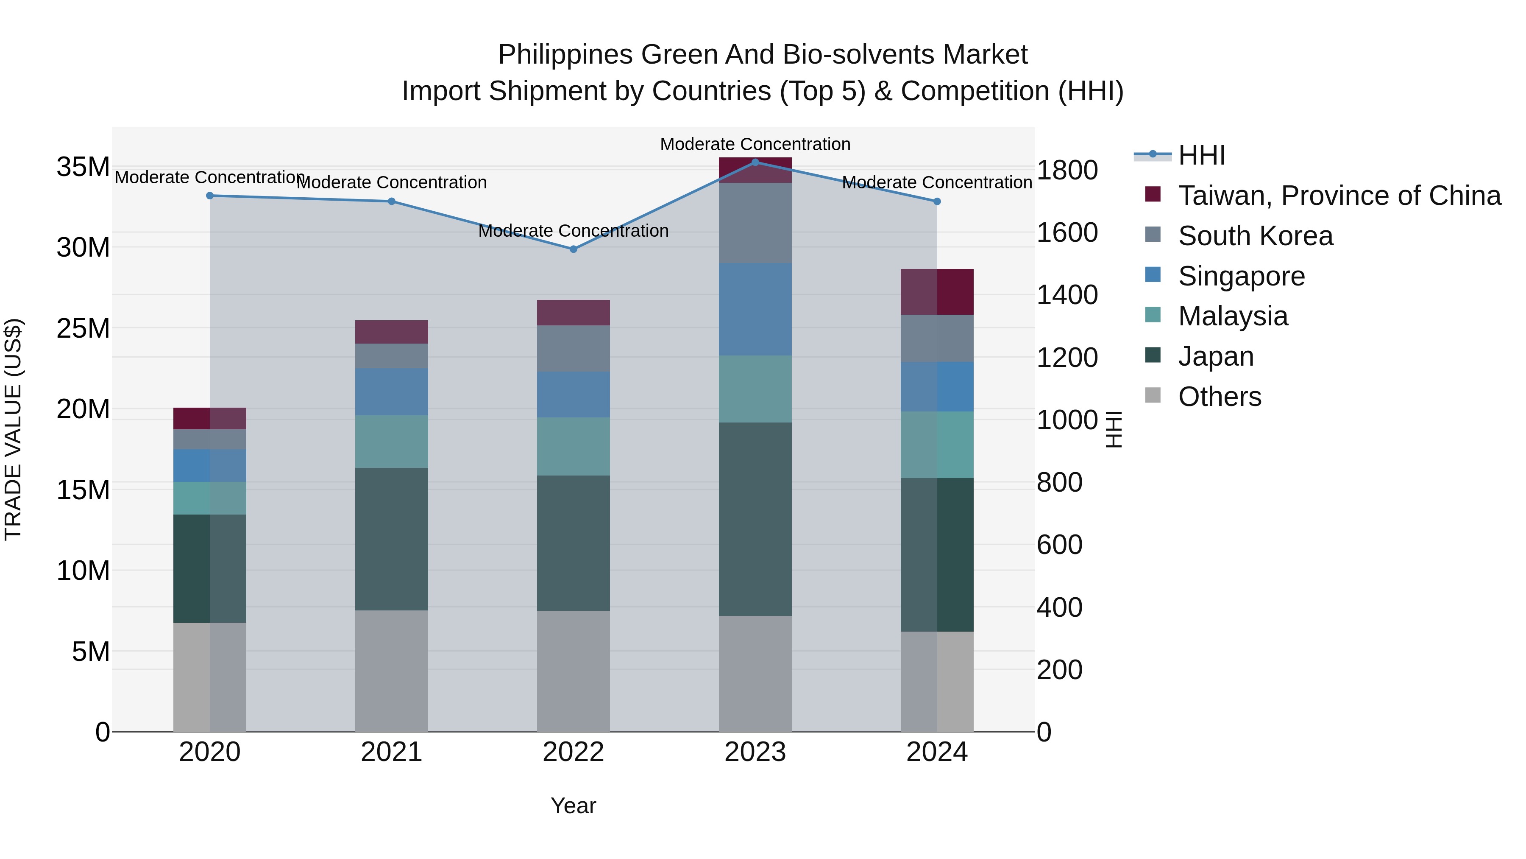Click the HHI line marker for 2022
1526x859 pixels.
click(573, 249)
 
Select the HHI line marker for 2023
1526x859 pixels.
click(755, 162)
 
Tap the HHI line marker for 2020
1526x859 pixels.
click(210, 196)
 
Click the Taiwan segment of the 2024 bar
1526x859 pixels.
click(936, 292)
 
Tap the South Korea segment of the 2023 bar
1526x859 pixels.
click(755, 223)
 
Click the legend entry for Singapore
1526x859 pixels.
click(1241, 276)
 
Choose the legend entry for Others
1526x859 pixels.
click(1219, 396)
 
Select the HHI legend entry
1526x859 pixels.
click(1201, 155)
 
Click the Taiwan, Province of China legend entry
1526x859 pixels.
click(1339, 196)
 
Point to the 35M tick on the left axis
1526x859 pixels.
click(83, 167)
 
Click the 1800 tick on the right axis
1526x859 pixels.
click(1067, 170)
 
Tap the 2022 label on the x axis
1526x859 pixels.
click(573, 752)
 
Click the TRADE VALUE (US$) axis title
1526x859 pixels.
click(13, 429)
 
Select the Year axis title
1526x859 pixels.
click(573, 806)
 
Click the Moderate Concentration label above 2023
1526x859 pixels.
click(755, 144)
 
